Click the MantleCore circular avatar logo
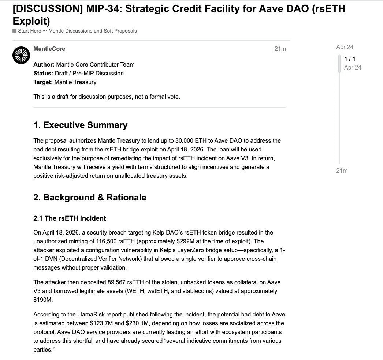pyautogui.click(x=21, y=55)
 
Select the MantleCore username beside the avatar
pyautogui.click(x=49, y=49)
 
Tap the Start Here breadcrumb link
pyautogui.click(x=29, y=31)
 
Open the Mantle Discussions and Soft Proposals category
pyautogui.click(x=93, y=31)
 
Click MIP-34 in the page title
pyautogui.click(x=107, y=8)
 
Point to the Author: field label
pyautogui.click(x=44, y=65)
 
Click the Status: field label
pyautogui.click(x=43, y=74)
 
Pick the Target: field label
pyautogui.click(x=43, y=82)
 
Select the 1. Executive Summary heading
pyautogui.click(x=80, y=125)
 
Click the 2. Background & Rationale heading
pyautogui.click(x=90, y=198)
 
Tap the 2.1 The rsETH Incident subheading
pyautogui.click(x=70, y=218)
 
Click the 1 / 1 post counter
pyautogui.click(x=350, y=59)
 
